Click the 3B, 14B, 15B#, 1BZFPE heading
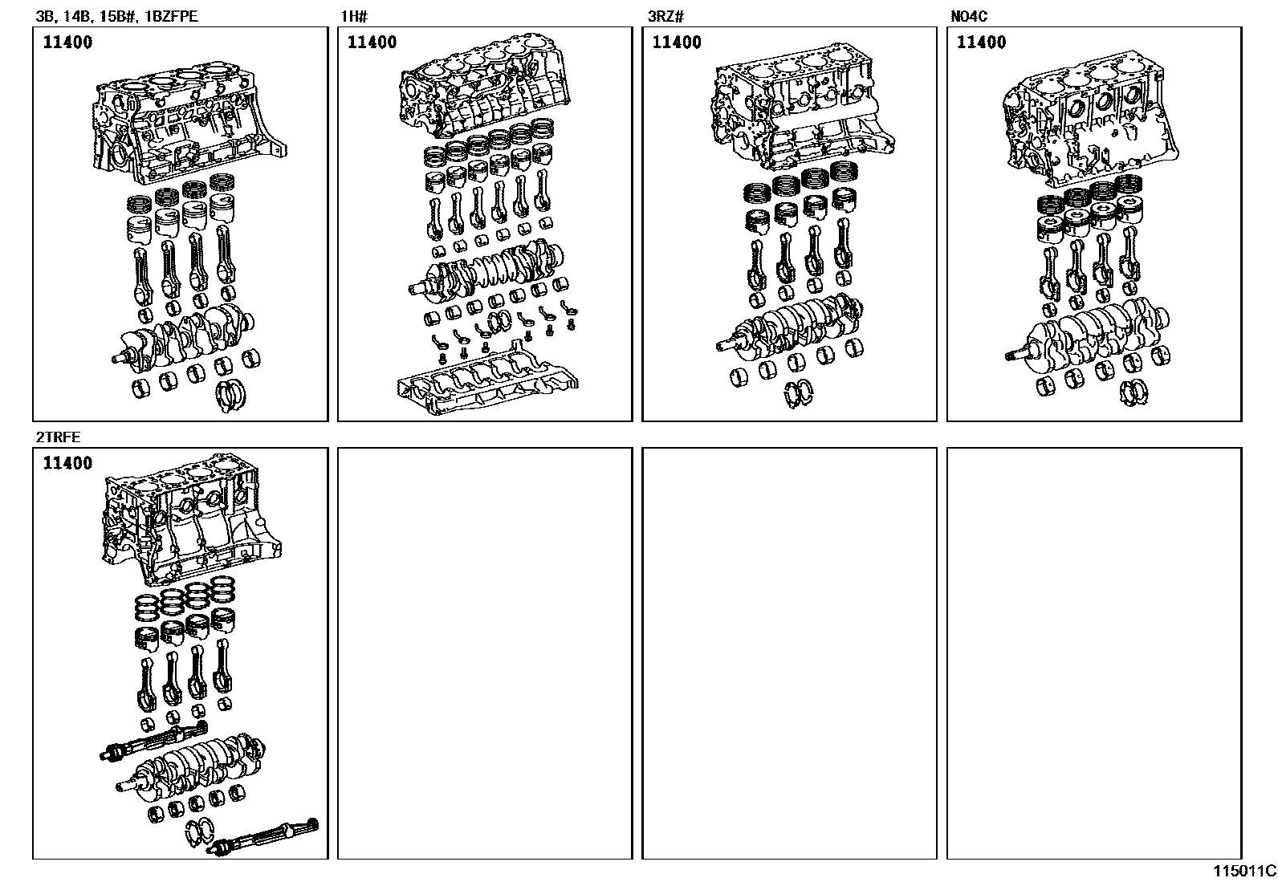click(116, 14)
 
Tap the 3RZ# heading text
click(665, 14)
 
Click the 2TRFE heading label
click(58, 437)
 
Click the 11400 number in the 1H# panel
click(372, 43)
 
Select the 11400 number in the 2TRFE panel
click(67, 463)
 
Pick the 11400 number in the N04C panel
click(982, 43)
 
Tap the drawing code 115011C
click(1243, 871)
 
